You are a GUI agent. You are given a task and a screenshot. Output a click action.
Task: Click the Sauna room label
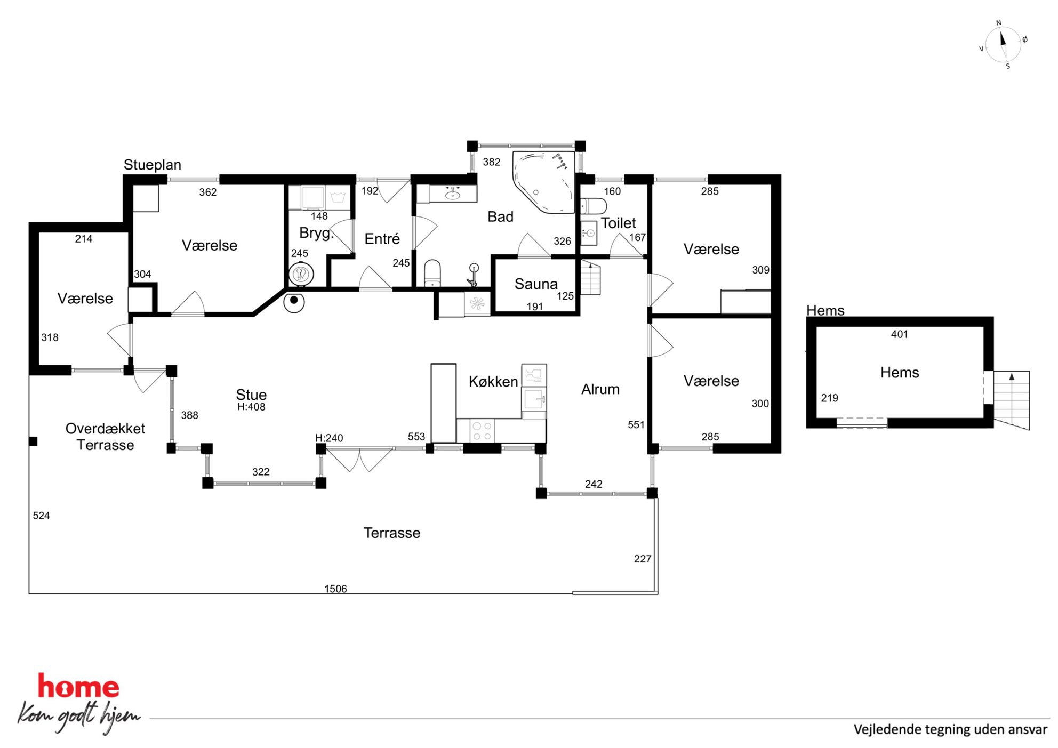tap(536, 284)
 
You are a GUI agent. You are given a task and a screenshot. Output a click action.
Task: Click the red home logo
tap(78, 686)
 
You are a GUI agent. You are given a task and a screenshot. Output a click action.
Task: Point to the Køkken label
tap(493, 382)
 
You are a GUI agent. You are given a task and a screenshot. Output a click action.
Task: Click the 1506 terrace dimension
tap(335, 589)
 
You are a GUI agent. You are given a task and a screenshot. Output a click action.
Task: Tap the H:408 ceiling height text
tap(251, 407)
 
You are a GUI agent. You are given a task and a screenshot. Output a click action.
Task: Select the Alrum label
tap(600, 389)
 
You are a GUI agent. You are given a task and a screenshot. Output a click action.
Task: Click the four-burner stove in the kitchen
tap(482, 431)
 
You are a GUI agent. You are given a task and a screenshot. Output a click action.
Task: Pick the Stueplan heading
tap(153, 165)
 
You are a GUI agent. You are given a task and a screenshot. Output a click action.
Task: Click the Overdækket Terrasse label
tap(105, 437)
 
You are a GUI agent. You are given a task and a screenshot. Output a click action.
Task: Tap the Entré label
tap(382, 238)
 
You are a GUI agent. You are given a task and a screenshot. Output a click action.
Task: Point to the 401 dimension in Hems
tap(899, 334)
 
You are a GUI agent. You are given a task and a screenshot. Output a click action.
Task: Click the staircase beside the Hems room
tap(1011, 400)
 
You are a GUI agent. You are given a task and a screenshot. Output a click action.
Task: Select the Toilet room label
tap(619, 223)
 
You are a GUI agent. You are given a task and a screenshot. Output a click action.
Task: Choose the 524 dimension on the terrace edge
tap(41, 516)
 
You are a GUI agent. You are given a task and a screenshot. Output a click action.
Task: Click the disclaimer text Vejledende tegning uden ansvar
tap(950, 729)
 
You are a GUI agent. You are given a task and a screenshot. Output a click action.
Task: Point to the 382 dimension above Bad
tap(491, 162)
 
